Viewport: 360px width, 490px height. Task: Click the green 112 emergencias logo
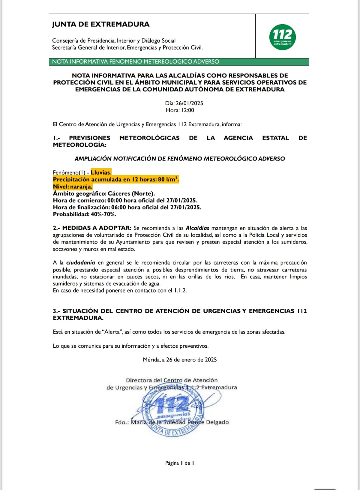coord(282,37)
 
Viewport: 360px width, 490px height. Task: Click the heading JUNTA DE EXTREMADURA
coord(101,24)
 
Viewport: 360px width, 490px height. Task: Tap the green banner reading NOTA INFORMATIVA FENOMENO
coord(135,62)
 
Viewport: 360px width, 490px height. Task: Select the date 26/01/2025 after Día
coord(189,103)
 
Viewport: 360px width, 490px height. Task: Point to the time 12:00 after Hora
coord(187,110)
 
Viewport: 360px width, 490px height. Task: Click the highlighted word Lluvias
coord(100,173)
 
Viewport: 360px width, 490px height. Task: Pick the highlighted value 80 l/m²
coord(168,180)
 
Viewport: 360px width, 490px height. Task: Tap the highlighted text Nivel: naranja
coord(72,187)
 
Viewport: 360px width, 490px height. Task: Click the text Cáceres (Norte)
coord(131,194)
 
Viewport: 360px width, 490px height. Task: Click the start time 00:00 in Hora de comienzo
coord(115,201)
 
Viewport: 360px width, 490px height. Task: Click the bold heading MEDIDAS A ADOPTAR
coord(97,228)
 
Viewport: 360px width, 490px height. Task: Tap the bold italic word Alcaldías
coord(197,228)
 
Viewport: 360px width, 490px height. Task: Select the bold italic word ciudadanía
coord(80,263)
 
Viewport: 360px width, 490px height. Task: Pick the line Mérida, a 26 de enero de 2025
coord(180,360)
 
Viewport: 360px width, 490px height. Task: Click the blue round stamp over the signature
coord(173,411)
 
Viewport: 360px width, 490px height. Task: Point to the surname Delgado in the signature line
coord(217,422)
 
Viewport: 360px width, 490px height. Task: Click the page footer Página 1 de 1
coord(179,463)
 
